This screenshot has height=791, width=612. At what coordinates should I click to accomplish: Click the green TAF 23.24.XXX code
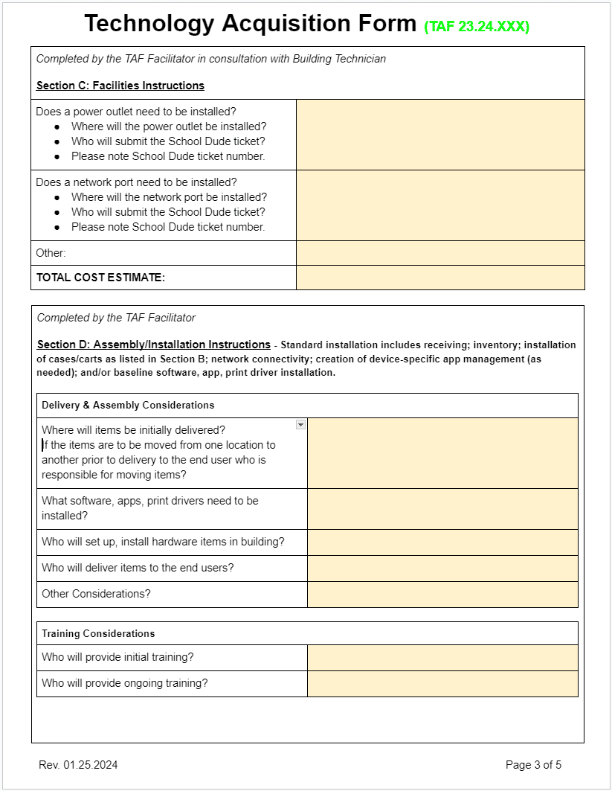tap(477, 27)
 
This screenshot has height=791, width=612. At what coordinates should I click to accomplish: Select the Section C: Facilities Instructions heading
tap(120, 86)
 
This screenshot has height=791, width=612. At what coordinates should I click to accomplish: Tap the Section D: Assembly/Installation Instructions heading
tap(154, 345)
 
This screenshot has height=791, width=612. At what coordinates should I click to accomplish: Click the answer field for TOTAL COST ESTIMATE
tap(440, 278)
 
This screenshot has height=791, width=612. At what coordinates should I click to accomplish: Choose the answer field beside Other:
tap(440, 253)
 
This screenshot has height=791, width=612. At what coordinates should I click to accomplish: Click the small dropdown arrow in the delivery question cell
tap(300, 424)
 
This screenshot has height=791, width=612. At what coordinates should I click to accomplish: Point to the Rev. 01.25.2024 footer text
tap(78, 765)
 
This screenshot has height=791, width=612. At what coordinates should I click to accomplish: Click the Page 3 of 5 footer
tap(533, 765)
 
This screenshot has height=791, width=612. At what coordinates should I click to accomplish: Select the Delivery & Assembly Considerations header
tap(128, 406)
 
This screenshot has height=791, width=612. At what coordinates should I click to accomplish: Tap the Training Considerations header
tap(98, 634)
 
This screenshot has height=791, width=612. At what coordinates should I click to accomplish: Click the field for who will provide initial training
tap(442, 658)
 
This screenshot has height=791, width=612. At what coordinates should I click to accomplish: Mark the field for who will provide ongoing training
tap(442, 684)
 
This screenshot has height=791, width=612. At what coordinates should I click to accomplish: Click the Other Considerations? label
tap(96, 594)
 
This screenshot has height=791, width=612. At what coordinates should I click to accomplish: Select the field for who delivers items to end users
tap(442, 569)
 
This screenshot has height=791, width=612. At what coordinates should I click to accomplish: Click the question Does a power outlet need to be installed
tap(136, 112)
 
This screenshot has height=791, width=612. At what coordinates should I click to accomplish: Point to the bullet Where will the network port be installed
tap(169, 197)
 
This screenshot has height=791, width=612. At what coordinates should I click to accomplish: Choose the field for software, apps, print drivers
tap(442, 509)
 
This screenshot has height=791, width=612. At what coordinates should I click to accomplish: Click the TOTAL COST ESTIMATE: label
tap(100, 278)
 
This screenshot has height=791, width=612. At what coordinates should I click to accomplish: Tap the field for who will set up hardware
tap(442, 542)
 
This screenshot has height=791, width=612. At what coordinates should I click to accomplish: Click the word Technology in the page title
tap(149, 24)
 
